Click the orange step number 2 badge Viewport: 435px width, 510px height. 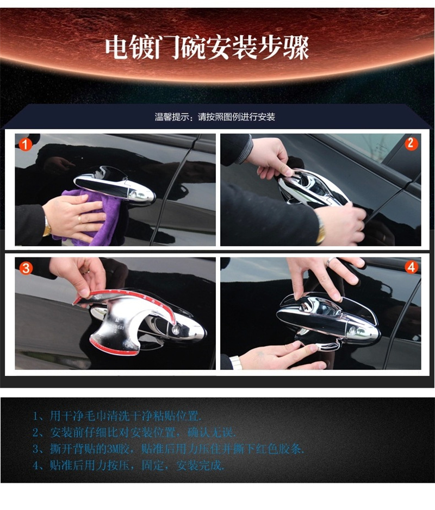point(411,144)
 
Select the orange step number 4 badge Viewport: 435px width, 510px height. point(411,267)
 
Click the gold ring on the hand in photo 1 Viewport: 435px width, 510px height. point(80,219)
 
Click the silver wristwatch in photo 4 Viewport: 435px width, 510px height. point(235,362)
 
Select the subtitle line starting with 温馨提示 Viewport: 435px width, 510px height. point(215,117)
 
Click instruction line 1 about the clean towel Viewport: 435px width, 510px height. point(117,417)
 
